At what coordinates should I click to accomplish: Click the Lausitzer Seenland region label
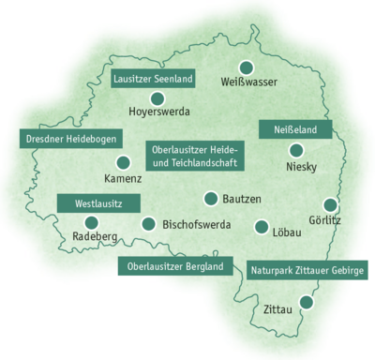pos(154,79)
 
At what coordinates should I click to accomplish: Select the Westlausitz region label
pos(98,202)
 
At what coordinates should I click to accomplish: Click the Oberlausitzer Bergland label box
pos(175,266)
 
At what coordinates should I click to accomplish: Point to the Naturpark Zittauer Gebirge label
pos(307,270)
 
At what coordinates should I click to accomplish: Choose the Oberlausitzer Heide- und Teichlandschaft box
pos(194,156)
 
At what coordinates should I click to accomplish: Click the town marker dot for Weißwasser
pos(247,67)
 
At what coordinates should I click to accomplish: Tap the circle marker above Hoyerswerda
pos(157,97)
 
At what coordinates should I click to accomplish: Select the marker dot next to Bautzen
pos(211,199)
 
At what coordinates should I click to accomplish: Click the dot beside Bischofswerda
pos(148,224)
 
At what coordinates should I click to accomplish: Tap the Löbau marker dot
pos(261,226)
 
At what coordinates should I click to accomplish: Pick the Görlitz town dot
pos(329,204)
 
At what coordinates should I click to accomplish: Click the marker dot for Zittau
pos(303,303)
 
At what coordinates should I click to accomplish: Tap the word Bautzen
pos(242,199)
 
